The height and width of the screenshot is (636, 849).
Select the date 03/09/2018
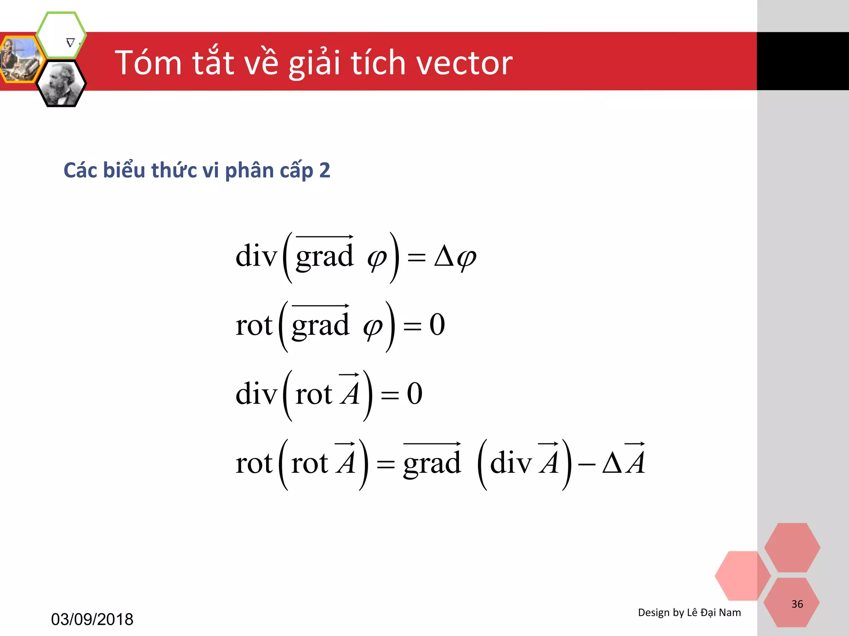coord(92,619)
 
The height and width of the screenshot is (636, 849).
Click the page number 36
coord(797,604)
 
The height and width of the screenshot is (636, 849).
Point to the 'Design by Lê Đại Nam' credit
coord(689,612)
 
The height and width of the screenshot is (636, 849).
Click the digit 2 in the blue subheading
coord(325,171)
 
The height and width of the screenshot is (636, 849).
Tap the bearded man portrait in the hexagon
coord(61,84)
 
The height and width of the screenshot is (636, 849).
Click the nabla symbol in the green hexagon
coord(70,42)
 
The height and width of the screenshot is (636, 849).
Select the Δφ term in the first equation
coord(455,257)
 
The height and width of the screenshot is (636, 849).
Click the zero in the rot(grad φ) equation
coord(437,325)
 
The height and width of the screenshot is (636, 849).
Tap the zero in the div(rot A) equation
coord(415,393)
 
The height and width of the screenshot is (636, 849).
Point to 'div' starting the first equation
coord(256,256)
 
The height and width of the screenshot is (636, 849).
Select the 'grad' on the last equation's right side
coord(432,463)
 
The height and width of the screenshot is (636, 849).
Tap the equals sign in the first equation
coord(416,258)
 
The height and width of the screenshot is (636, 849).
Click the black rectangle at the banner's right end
coord(803,61)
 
